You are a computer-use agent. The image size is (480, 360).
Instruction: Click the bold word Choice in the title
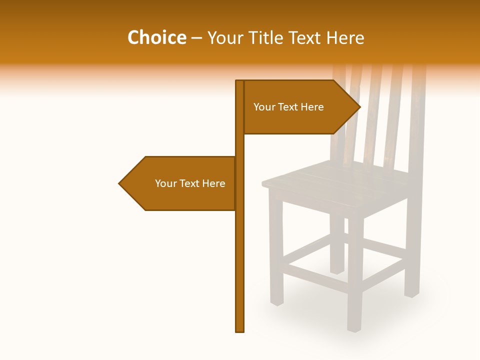pos(156,37)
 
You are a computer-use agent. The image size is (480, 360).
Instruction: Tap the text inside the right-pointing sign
pos(288,107)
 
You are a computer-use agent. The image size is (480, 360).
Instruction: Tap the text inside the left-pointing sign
pos(190,183)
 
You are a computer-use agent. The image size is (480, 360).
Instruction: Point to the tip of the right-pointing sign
pos(359,106)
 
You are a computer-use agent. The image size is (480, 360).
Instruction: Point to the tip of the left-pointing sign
pos(120,183)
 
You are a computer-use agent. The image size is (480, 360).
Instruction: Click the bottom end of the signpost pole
pos(239,330)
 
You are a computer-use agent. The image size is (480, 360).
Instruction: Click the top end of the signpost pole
pos(239,82)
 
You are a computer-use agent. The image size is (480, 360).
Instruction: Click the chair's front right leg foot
pos(354,327)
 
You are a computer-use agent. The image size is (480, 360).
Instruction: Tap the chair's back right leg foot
pos(411,294)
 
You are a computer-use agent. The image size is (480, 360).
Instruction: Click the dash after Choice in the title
pos(196,38)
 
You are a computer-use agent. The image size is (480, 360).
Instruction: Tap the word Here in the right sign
pos(312,107)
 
